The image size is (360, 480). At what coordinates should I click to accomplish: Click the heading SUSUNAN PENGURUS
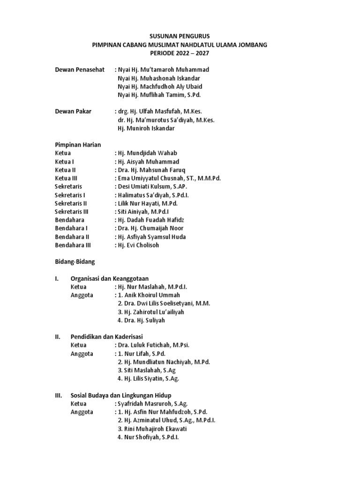tap(180, 36)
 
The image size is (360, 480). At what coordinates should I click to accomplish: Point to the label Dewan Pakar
tap(73, 112)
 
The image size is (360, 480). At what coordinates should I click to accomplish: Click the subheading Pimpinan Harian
tap(78, 145)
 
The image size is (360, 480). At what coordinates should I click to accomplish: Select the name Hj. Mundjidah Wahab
tap(148, 153)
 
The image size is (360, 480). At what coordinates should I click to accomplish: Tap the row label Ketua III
tap(66, 179)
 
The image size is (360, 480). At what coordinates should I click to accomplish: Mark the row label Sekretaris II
tap(71, 203)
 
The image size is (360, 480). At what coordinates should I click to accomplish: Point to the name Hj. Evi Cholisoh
tap(139, 245)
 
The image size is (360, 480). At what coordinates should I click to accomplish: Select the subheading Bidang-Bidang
tap(75, 262)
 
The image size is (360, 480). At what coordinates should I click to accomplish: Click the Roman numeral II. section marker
tap(58, 337)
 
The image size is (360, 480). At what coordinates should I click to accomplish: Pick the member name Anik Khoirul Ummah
tap(151, 295)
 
